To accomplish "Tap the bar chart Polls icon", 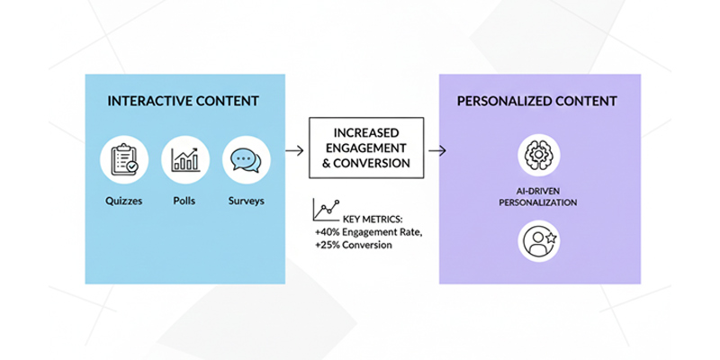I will [185, 161].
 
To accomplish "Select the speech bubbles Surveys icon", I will [246, 161].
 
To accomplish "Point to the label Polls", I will [185, 200].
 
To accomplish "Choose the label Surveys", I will [246, 200].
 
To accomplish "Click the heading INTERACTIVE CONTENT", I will [184, 101].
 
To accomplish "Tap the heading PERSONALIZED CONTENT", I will [537, 101].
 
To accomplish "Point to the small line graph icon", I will [325, 211].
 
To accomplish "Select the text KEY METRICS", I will [373, 220].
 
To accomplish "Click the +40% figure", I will [328, 232].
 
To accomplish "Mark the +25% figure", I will [328, 245].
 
